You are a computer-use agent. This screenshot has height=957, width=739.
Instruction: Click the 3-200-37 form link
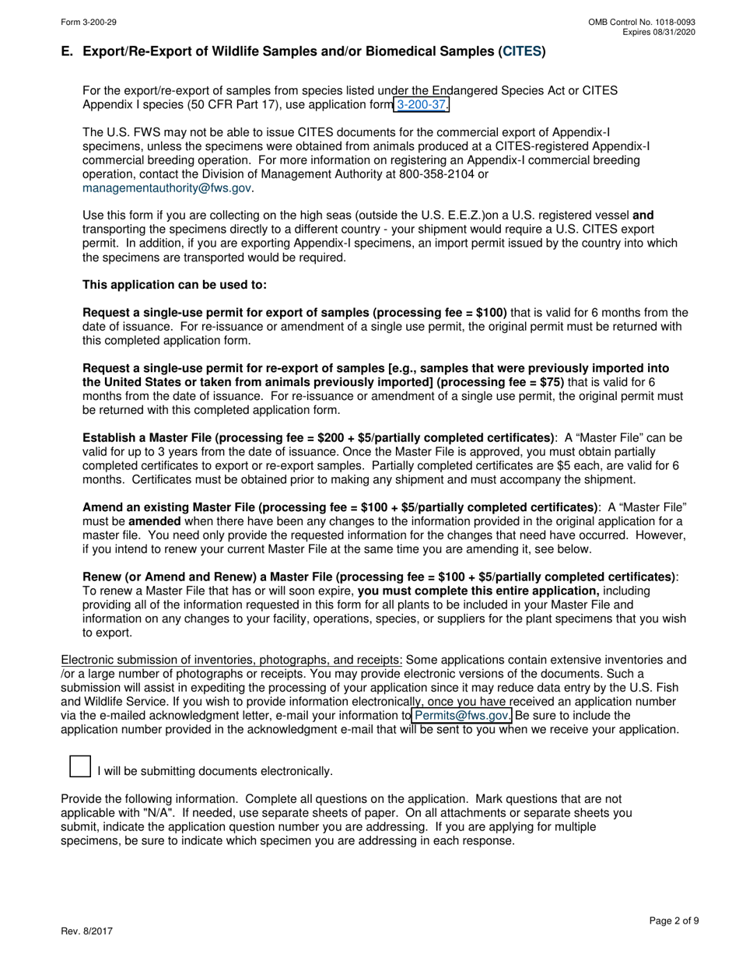pos(422,105)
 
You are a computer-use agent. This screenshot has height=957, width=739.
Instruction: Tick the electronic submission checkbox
pos(80,766)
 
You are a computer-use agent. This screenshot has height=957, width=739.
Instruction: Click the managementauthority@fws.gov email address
pos(166,188)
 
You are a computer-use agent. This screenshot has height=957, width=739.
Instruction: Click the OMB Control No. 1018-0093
pos(642,23)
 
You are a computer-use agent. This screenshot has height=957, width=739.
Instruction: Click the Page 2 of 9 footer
pos(674,920)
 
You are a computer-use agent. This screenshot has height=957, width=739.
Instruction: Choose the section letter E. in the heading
pos(67,52)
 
